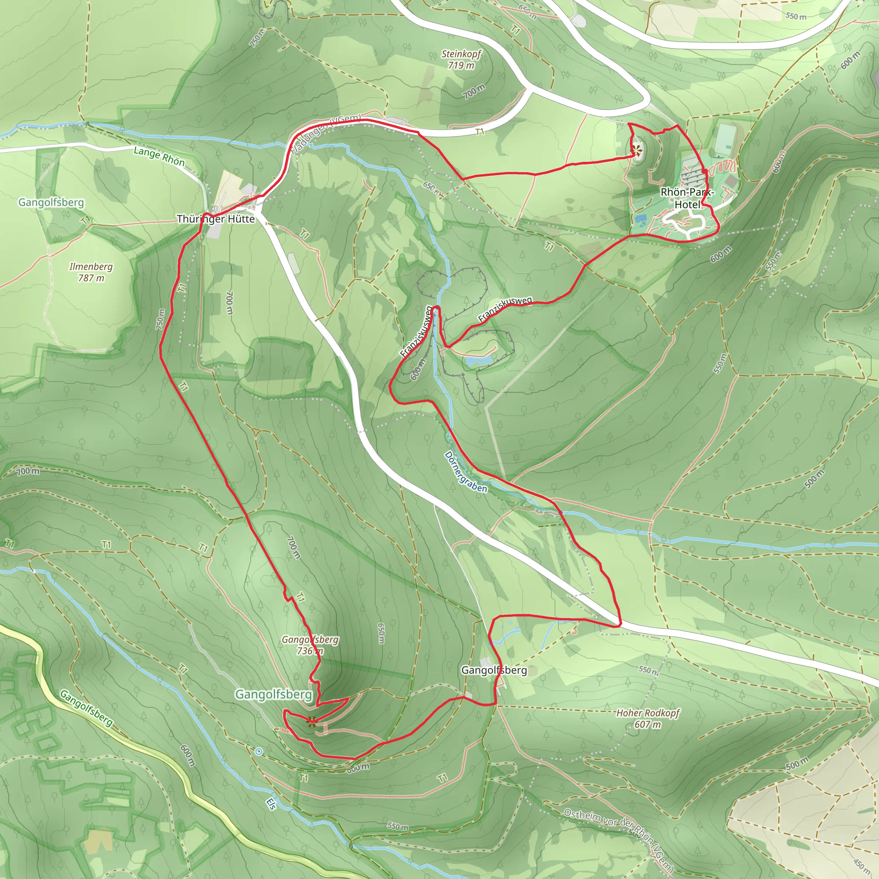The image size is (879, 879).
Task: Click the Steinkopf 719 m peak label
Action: [x=461, y=60]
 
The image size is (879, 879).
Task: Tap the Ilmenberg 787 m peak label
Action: [x=91, y=272]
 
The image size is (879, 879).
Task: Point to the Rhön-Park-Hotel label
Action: [x=688, y=198]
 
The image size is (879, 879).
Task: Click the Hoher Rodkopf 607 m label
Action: [x=647, y=718]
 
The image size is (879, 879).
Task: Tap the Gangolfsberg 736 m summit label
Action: [x=310, y=645]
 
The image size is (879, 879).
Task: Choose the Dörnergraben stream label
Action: [x=465, y=472]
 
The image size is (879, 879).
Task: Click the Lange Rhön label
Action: [x=159, y=156]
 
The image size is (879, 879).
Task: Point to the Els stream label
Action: [x=271, y=804]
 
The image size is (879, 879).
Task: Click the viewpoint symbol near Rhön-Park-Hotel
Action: [x=637, y=149]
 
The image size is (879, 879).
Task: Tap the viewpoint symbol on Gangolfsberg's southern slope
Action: [x=312, y=721]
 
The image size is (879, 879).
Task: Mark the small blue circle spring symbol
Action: [x=259, y=751]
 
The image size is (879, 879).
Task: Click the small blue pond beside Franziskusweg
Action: [x=478, y=361]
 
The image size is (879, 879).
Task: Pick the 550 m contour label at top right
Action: [x=796, y=16]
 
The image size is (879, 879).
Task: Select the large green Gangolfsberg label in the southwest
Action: [x=273, y=694]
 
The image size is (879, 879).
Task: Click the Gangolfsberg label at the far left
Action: [x=51, y=203]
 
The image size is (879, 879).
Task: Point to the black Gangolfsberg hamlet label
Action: [x=494, y=670]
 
